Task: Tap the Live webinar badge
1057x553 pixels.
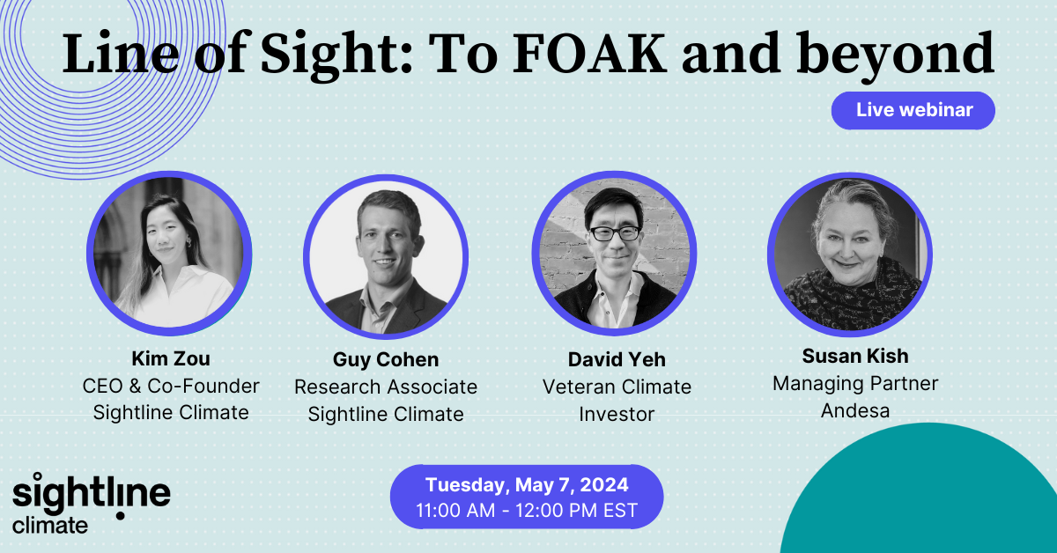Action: pos(913,110)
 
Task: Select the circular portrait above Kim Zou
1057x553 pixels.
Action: pos(169,252)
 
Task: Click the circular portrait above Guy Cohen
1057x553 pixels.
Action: pos(386,256)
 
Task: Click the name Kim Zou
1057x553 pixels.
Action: pos(171,360)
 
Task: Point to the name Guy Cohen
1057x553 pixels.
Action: pos(386,360)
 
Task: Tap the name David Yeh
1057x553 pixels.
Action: pos(616,360)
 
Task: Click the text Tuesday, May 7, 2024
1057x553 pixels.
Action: pos(527,485)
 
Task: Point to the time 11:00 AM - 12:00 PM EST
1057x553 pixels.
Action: pos(527,510)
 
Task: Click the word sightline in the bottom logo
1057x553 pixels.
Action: pos(91,494)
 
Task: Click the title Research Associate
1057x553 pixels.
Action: pos(386,387)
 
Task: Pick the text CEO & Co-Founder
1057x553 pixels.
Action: pos(171,386)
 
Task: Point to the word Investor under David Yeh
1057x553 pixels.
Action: pos(616,413)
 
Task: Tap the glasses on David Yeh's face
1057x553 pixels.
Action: pos(613,233)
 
